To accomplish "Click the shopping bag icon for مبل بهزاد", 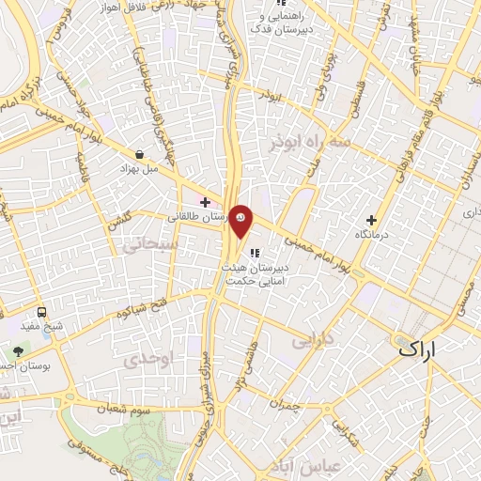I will click(x=140, y=154).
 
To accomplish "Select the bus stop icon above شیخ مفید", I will click(x=41, y=312).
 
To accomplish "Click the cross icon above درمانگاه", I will click(x=373, y=220).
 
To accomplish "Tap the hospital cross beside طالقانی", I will click(x=205, y=202).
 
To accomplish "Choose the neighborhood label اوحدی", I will click(x=146, y=360).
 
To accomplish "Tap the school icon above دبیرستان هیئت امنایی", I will click(x=255, y=252).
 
